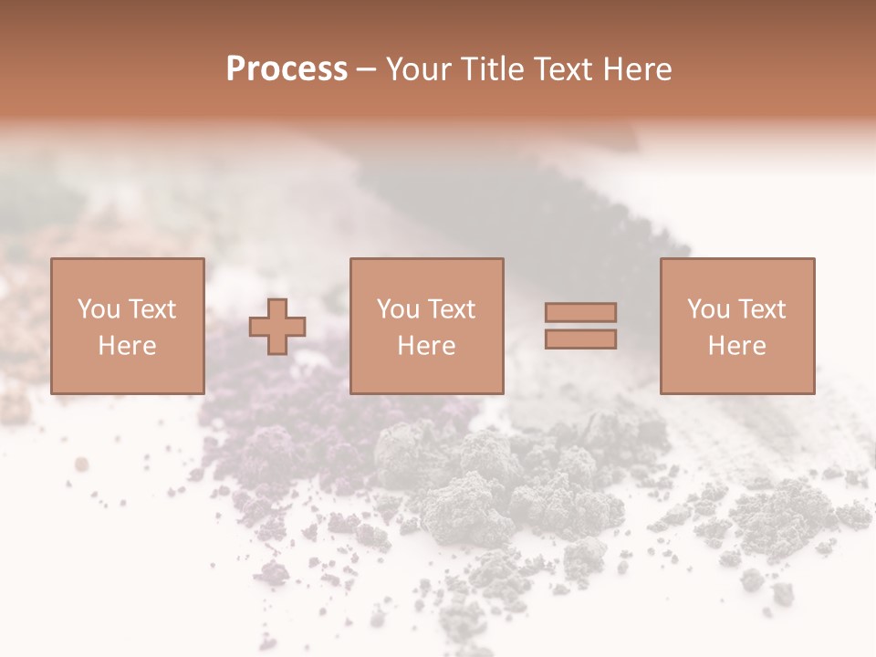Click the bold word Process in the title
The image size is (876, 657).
[x=287, y=69]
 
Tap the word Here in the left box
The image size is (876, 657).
[x=127, y=346]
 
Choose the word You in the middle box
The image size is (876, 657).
[x=397, y=309]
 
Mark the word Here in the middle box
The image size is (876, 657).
[x=426, y=346]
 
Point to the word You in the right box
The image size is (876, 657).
[x=707, y=309]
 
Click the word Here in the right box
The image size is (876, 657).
[x=736, y=346]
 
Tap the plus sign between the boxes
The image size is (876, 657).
[x=277, y=327]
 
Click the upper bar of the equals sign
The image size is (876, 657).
[x=580, y=312]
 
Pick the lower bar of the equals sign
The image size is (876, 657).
[x=580, y=339]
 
